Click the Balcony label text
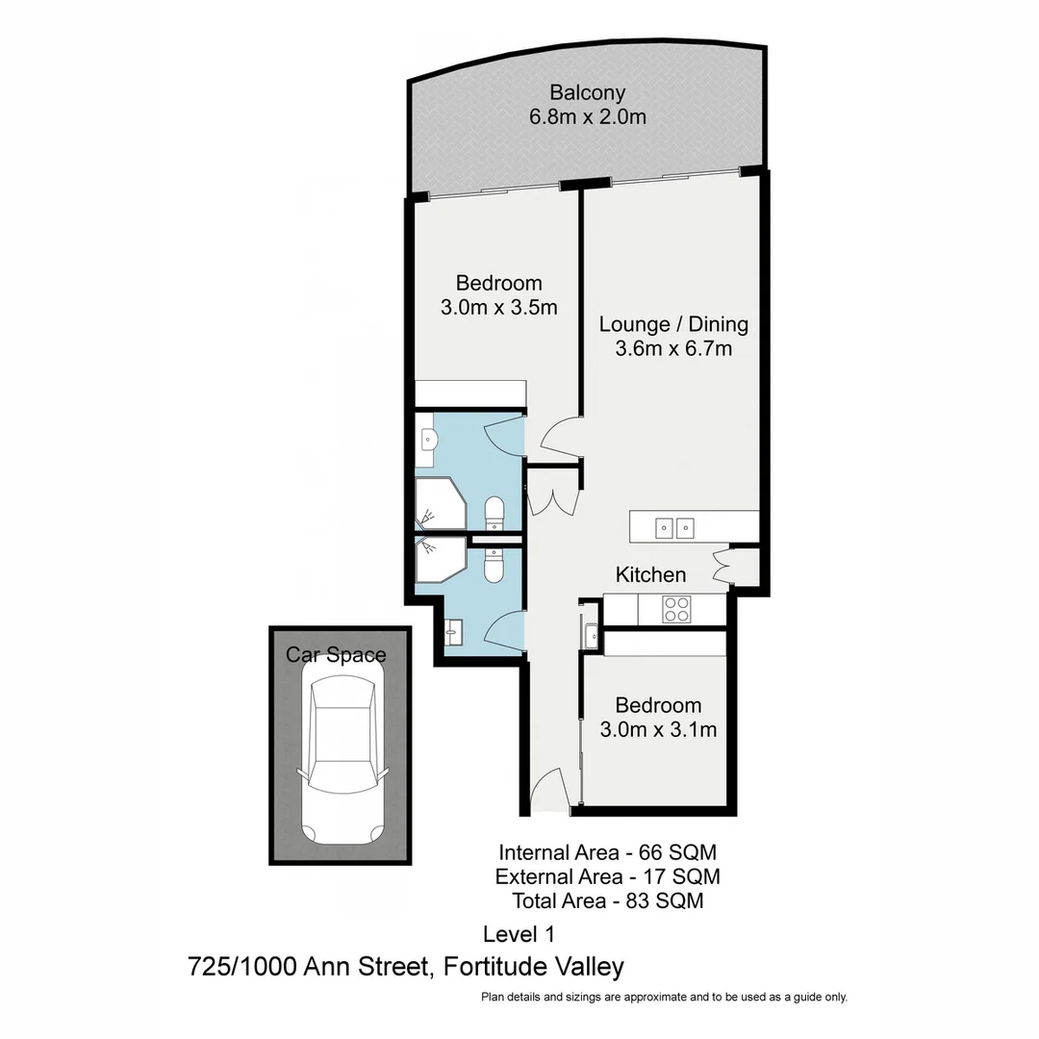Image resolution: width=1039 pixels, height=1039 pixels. (x=587, y=93)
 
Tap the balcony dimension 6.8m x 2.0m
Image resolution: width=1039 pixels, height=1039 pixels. (x=587, y=117)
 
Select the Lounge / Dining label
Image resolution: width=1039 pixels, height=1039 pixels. (x=673, y=324)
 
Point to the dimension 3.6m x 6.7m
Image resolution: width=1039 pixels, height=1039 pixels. (x=673, y=348)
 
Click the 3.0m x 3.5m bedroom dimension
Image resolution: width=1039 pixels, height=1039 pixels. (x=498, y=308)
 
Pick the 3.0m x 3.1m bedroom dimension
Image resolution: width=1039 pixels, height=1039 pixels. (x=658, y=729)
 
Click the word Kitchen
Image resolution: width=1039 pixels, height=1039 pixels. (x=651, y=575)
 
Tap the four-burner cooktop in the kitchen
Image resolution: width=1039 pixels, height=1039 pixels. (x=676, y=609)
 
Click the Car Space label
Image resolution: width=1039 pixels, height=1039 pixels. (x=336, y=655)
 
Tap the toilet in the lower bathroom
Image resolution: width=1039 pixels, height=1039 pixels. (x=494, y=566)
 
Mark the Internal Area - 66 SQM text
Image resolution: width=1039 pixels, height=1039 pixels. (x=607, y=852)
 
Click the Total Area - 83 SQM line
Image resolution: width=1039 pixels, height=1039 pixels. (x=607, y=901)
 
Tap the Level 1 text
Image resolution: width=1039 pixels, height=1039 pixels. (x=519, y=933)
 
